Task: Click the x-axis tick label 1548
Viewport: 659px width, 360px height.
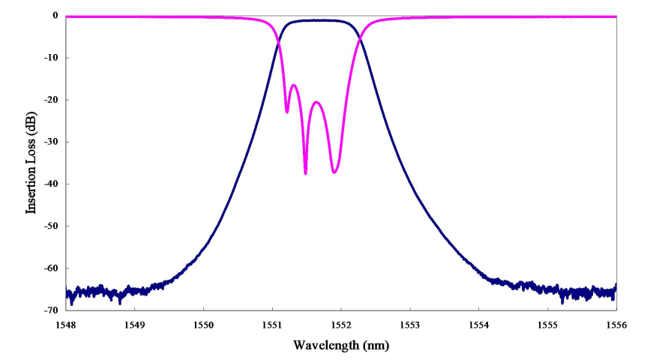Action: point(66,325)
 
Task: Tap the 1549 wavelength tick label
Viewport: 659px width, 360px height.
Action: point(135,325)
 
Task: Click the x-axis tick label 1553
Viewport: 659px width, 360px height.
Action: point(410,325)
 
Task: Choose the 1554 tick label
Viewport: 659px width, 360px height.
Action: point(478,325)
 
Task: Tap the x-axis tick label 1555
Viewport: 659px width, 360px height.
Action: point(547,325)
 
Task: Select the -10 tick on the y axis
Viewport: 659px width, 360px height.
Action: point(52,58)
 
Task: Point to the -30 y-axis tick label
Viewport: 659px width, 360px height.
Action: point(52,142)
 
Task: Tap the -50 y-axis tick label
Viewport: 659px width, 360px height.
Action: point(52,226)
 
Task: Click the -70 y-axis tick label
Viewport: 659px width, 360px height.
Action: point(52,310)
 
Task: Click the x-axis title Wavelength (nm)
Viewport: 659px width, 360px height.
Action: point(341,346)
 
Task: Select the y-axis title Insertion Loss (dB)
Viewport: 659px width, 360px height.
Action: point(31,163)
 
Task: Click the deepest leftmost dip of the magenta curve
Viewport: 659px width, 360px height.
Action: point(287,112)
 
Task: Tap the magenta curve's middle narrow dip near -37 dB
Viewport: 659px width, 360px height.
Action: point(305,173)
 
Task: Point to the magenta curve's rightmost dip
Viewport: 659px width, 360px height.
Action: point(334,172)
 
